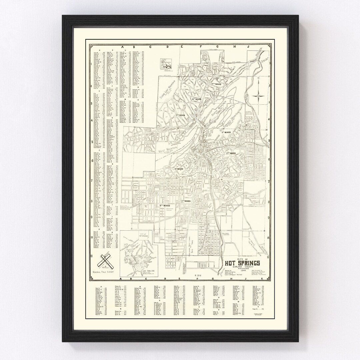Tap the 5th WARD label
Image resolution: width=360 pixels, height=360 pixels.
coord(181,115)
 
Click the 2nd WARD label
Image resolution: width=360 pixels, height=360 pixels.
coord(231,153)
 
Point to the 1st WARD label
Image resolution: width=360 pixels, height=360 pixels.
coord(179,169)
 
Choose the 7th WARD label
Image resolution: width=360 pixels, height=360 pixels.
coord(185,201)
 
